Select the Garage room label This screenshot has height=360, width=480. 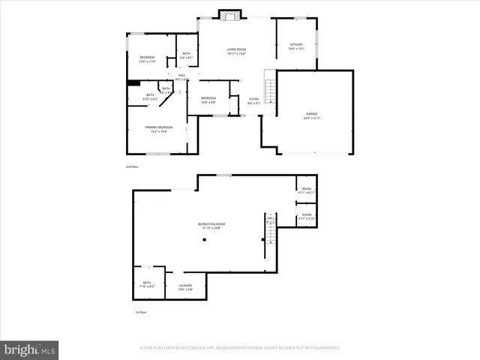pos(311,115)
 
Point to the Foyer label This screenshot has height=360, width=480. pos(254,100)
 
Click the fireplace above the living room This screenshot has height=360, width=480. pos(228,13)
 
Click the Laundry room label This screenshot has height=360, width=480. pos(185,286)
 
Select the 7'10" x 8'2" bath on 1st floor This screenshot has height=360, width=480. pos(147,285)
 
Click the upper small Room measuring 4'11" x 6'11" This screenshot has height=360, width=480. pos(306,190)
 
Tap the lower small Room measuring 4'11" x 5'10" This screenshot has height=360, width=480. pos(306,217)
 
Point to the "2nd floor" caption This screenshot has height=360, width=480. pos(132,166)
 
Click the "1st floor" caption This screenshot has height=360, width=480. pos(139,312)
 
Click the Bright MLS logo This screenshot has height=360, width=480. pos(30,349)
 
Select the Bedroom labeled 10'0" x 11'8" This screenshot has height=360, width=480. pos(147,59)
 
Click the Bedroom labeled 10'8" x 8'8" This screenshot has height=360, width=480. pos(208,100)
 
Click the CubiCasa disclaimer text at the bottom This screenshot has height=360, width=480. pos(240,348)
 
